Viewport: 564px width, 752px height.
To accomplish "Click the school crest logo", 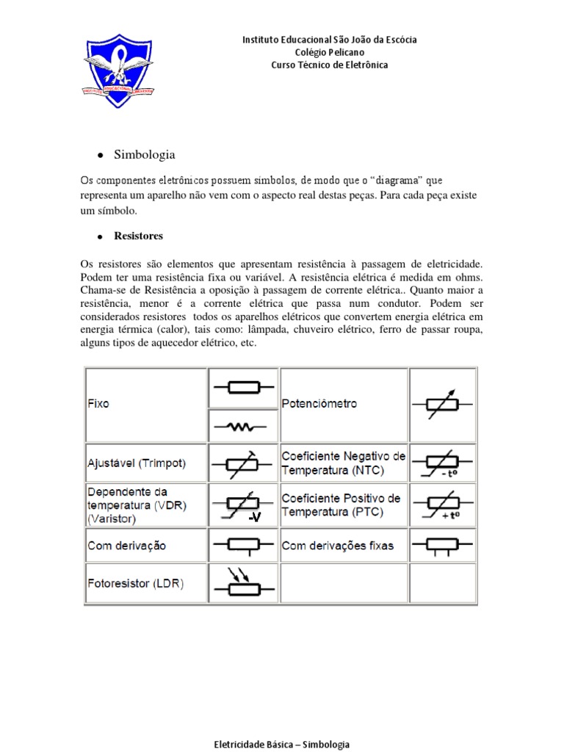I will (117, 70).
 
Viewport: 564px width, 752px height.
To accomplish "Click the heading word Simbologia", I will (145, 155).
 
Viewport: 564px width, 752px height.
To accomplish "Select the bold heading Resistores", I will (138, 236).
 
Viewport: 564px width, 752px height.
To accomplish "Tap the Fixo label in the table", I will (98, 404).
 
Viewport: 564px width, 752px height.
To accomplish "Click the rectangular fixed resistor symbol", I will (243, 386).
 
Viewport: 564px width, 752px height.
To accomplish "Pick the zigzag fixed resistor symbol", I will (243, 425).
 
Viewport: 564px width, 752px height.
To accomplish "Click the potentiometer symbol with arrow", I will (443, 404).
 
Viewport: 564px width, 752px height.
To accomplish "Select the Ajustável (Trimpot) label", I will (137, 463).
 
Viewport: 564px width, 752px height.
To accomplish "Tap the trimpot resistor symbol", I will (243, 463).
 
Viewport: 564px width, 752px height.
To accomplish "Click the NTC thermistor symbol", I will (443, 463).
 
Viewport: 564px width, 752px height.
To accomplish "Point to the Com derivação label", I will (127, 546).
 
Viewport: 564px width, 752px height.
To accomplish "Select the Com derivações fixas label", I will (338, 546).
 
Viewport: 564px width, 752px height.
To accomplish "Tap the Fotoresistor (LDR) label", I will (136, 584).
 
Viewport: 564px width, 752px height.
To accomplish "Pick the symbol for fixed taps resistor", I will (443, 546).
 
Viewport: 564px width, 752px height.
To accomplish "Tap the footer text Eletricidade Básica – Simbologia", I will (281, 744).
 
